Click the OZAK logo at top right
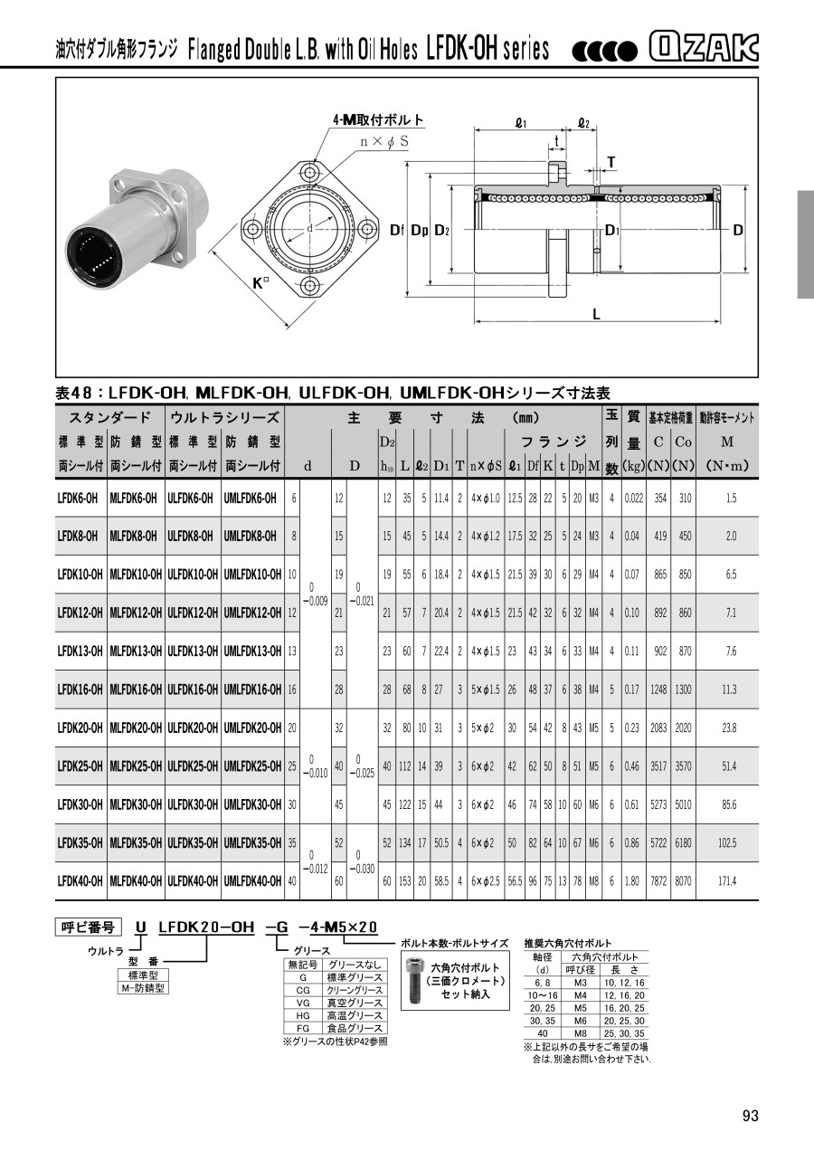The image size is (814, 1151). [703, 48]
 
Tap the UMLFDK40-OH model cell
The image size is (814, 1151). [252, 881]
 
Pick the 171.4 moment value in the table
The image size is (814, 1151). [729, 881]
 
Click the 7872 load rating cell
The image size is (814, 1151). [658, 881]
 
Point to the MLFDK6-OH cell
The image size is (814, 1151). [134, 498]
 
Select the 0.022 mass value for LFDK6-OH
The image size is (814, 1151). [634, 498]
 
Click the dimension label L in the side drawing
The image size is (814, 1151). [596, 314]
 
